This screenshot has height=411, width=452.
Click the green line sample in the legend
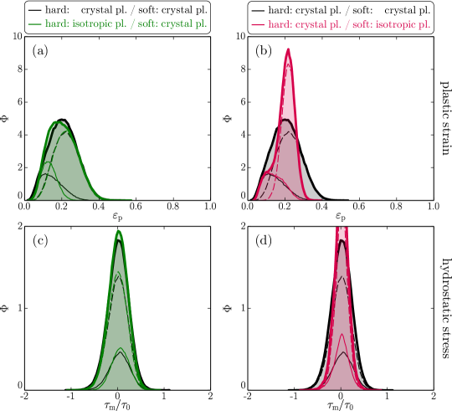[34, 25]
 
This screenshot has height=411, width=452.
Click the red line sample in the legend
[258, 25]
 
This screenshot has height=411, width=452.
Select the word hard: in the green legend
[57, 25]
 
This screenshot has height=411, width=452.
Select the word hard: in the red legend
[280, 25]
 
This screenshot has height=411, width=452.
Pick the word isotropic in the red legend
[397, 25]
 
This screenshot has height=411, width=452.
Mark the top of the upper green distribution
[58, 122]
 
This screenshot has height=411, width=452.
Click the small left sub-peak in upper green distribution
[47, 164]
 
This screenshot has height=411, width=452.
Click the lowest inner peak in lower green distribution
[120, 349]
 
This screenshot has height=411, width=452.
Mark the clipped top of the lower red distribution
[342, 228]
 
